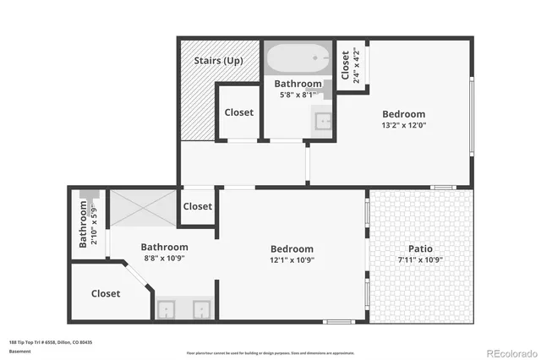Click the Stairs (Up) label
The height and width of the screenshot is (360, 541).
tap(219, 61)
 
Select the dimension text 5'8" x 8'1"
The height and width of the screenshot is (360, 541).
tap(298, 95)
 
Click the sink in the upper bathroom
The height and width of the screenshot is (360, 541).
tap(323, 121)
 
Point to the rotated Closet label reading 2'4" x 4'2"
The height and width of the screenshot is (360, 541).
tap(351, 65)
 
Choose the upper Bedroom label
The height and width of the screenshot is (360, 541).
tap(403, 114)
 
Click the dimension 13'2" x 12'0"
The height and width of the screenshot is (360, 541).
tap(403, 126)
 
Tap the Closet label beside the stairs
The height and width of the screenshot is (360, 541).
tap(239, 112)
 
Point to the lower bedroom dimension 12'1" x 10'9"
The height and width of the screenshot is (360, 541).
tap(292, 260)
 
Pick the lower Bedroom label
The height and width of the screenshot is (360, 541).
tap(292, 249)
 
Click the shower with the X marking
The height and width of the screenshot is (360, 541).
tap(143, 206)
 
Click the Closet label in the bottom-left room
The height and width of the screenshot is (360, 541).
tap(106, 294)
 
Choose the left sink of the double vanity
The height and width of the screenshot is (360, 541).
tap(167, 309)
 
